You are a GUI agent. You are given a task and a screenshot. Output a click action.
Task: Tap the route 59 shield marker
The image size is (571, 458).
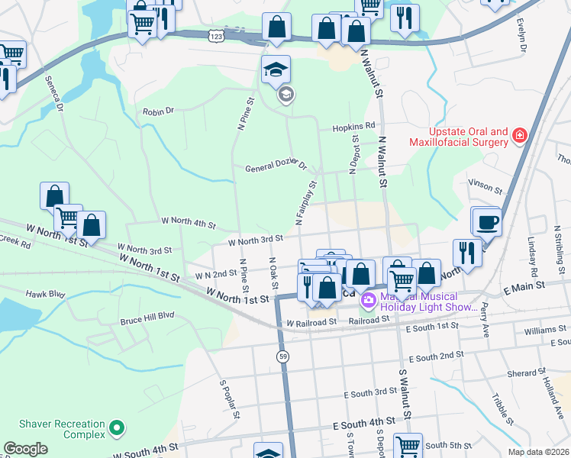tap(282, 356)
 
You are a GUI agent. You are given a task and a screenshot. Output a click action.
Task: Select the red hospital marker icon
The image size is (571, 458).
tap(520, 137)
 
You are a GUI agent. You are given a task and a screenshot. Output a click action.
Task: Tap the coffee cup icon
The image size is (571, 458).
tap(487, 224)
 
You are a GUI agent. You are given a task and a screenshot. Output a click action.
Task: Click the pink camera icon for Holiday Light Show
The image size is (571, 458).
tap(369, 301)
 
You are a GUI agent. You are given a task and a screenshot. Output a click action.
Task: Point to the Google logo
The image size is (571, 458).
tap(26, 449)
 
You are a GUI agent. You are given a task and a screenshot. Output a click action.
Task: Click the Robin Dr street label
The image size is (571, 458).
tap(159, 111)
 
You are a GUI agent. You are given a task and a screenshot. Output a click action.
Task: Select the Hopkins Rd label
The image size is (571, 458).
tap(353, 126)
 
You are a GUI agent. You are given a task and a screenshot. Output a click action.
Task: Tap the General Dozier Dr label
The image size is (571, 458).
tap(276, 167)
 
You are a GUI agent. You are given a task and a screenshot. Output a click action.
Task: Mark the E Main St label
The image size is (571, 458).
tap(522, 285)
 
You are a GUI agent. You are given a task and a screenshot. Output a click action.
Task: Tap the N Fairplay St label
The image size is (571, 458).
tap(306, 203)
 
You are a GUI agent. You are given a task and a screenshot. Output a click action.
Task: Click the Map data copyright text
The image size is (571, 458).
tap(538, 451)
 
